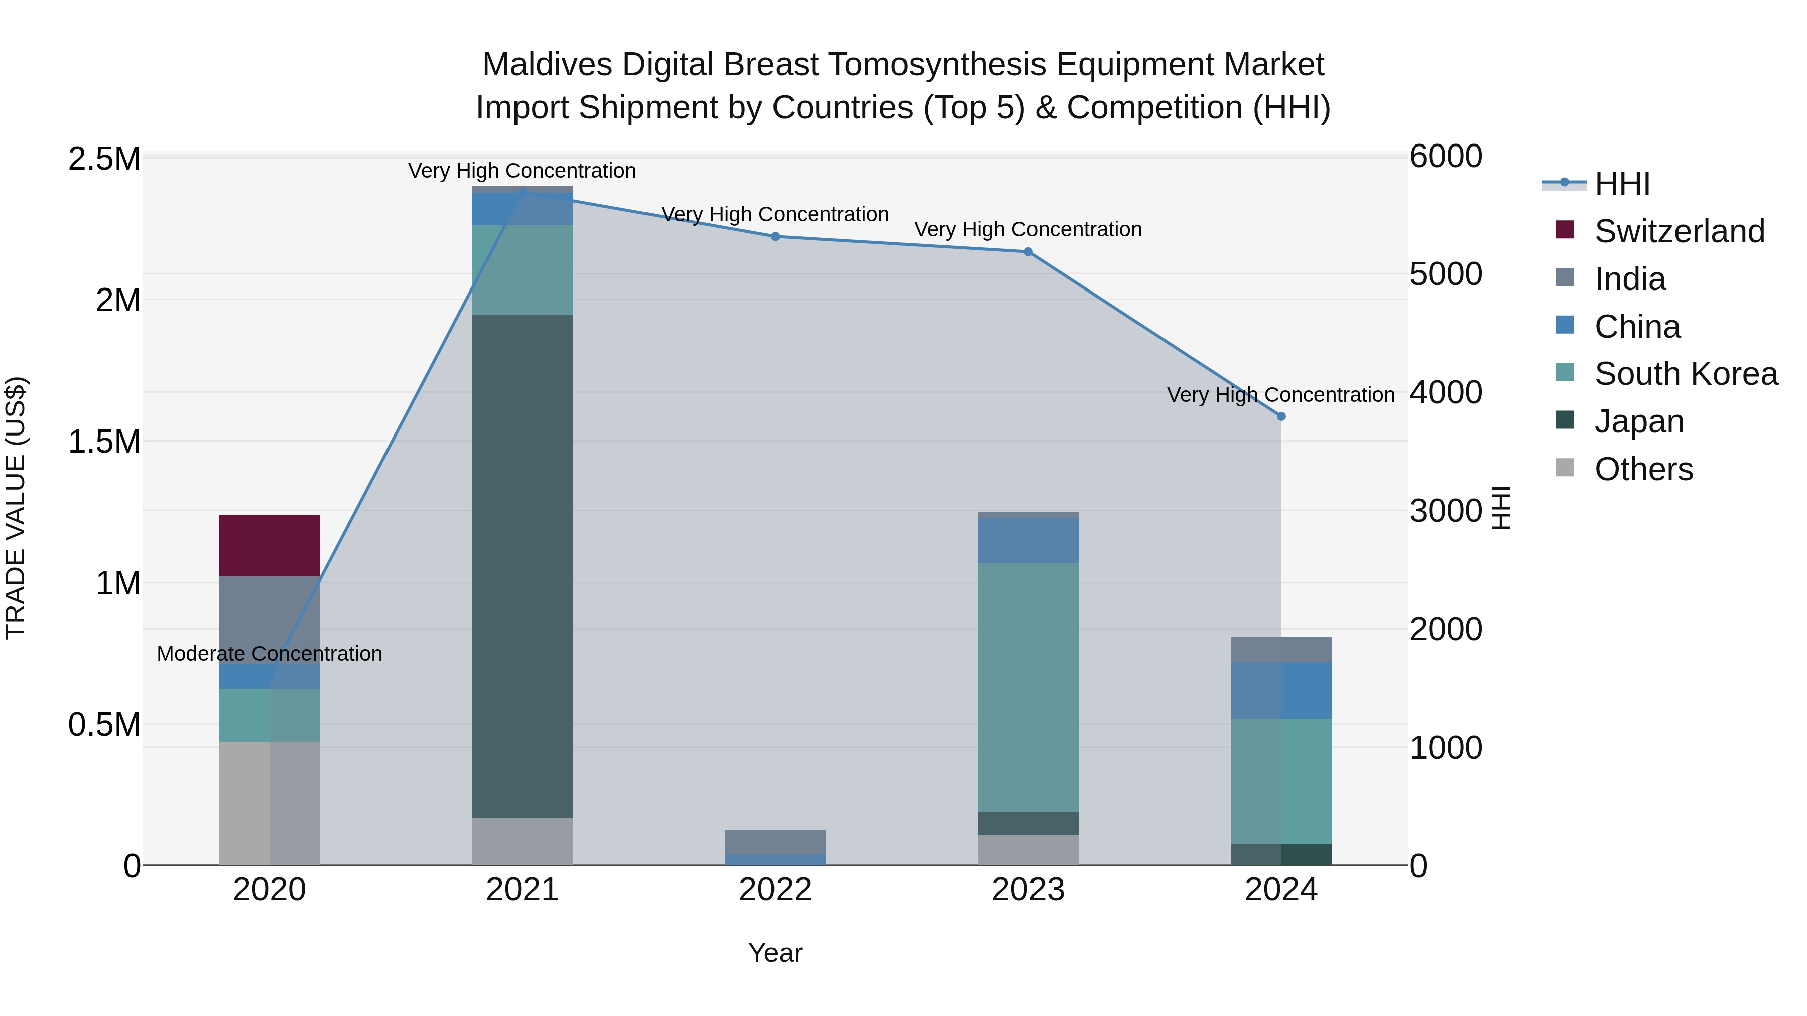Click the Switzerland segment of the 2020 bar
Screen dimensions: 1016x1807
[270, 545]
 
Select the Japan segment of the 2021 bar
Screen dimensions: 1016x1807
[522, 566]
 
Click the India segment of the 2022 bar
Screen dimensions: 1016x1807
[775, 841]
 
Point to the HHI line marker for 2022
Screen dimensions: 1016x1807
[775, 236]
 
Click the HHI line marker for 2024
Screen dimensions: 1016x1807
[1281, 416]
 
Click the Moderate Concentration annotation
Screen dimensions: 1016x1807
[270, 653]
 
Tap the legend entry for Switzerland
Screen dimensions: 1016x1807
[1679, 231]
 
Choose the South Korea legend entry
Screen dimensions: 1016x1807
[1686, 374]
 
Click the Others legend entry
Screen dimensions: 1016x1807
[1643, 469]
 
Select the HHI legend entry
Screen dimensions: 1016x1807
[1622, 184]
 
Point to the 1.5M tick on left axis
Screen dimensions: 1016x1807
[104, 442]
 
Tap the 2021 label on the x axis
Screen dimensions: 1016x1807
[522, 890]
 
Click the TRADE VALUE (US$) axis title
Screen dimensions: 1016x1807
[16, 508]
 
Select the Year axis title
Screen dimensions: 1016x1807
[775, 953]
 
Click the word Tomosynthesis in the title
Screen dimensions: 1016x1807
[938, 65]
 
